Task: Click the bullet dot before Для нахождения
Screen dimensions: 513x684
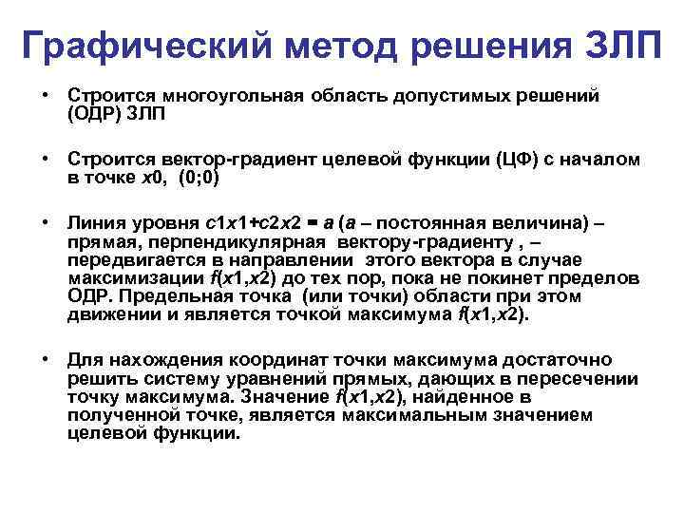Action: (x=45, y=361)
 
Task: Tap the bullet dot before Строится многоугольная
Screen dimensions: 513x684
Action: (x=45, y=96)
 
